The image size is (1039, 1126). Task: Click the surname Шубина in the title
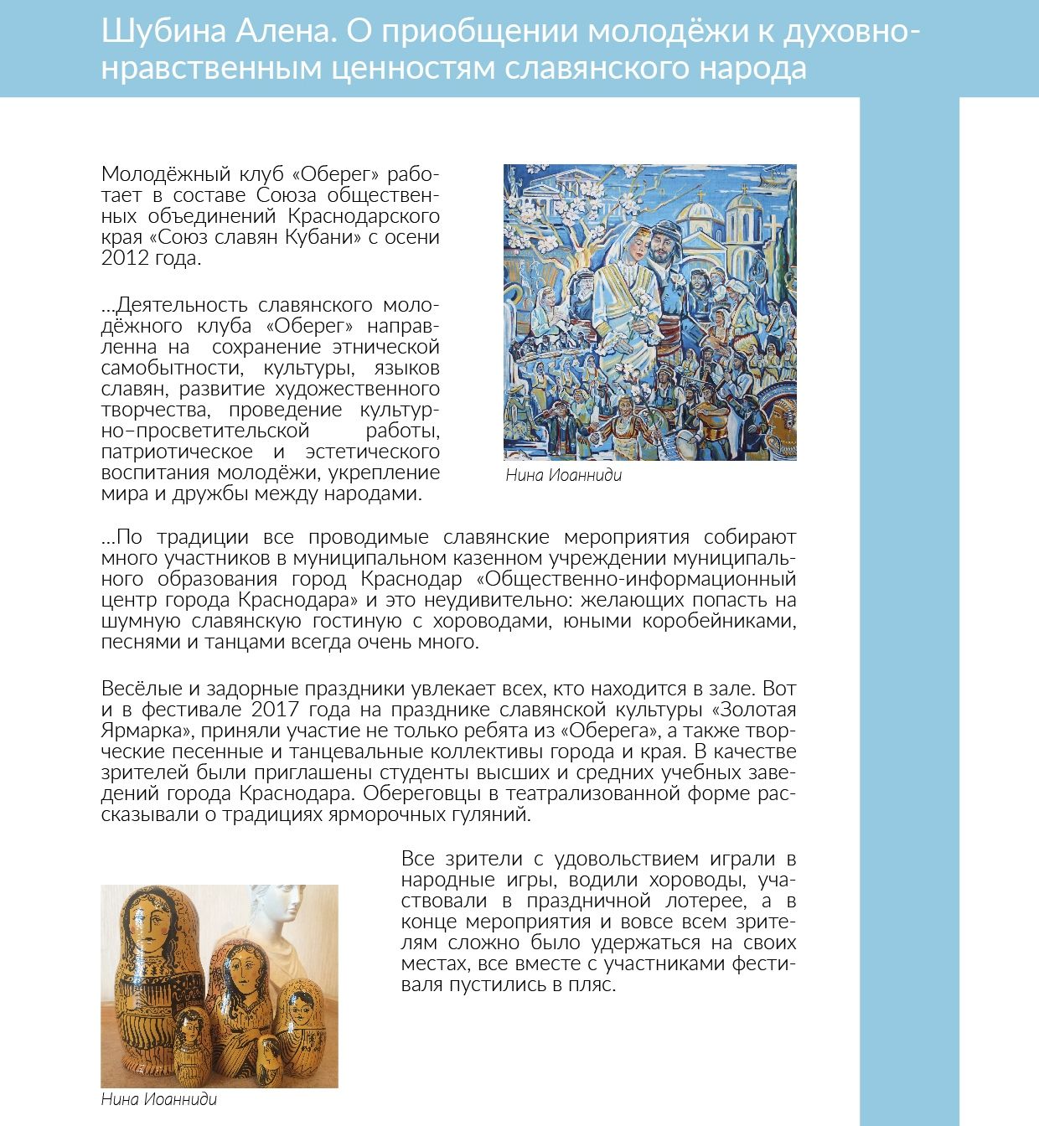coord(150,32)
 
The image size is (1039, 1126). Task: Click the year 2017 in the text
coord(272,710)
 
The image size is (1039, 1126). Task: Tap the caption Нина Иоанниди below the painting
coord(564,476)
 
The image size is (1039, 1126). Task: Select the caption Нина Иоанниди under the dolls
coord(158,1099)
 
